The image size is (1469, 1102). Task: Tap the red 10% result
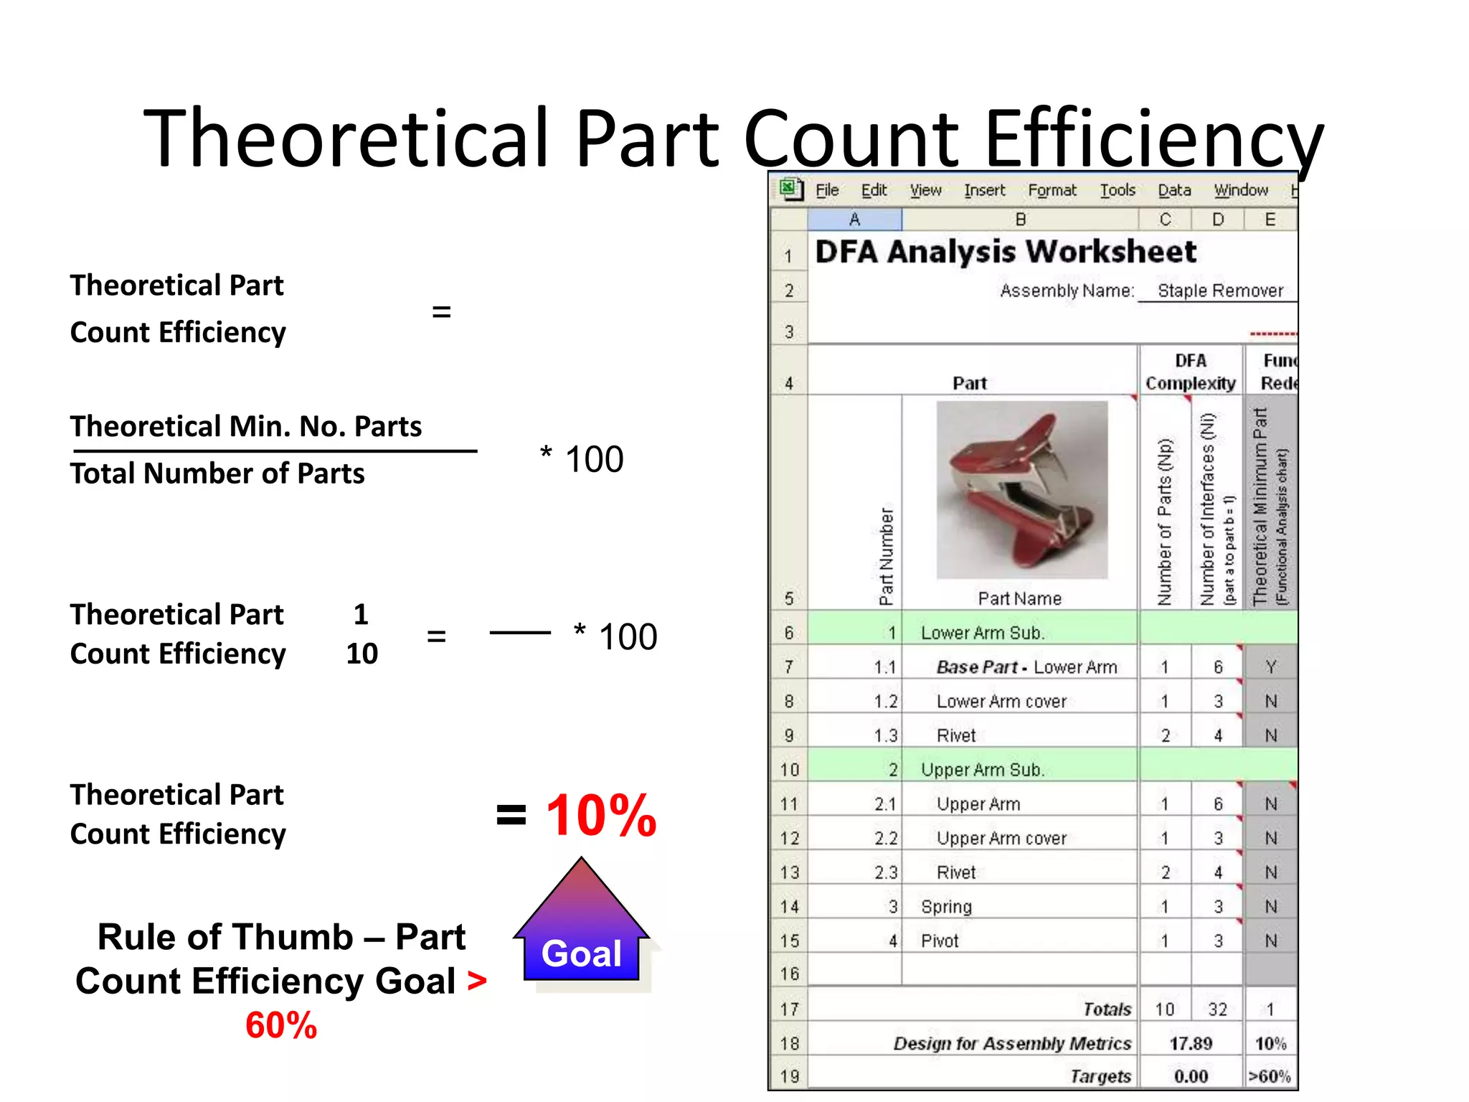coord(601,816)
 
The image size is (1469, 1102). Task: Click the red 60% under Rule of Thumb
coord(281,1025)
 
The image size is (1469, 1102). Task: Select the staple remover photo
coord(1021,490)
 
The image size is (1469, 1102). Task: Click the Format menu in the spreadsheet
coord(1052,190)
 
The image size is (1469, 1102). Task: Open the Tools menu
coord(1118,190)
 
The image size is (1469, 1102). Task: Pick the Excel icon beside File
coord(790,189)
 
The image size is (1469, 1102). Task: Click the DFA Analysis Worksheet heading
coord(1006,252)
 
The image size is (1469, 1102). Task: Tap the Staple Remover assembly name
coord(1220,291)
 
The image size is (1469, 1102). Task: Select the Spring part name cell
coord(946,907)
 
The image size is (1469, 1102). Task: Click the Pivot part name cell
coord(940,941)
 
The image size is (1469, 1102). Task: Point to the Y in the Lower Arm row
coord(1270,667)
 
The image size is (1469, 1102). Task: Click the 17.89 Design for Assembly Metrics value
coord(1191,1043)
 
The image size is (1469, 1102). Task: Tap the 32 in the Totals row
coord(1217,1009)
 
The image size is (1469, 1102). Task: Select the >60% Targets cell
coord(1269,1076)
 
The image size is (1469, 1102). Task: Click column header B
coord(1020,220)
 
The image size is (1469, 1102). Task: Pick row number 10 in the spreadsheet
coord(789,770)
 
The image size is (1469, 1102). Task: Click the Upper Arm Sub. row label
coord(982,770)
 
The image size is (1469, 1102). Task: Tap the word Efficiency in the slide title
coord(1153,138)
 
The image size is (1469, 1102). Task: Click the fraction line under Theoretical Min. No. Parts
coord(275,451)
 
